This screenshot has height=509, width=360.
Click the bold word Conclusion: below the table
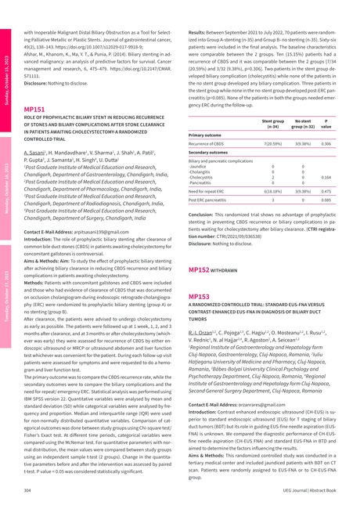[206, 213]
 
